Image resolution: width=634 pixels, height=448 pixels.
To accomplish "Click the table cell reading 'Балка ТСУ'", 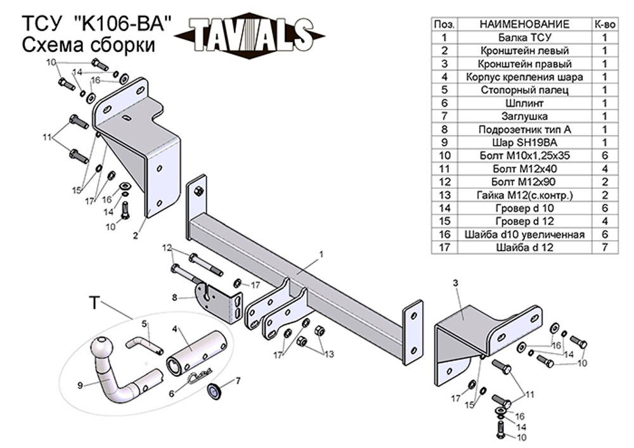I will [x=524, y=37].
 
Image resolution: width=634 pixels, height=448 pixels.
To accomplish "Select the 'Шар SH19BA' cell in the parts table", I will [x=524, y=143].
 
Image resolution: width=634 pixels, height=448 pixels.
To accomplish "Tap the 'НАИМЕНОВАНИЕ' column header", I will [x=524, y=23].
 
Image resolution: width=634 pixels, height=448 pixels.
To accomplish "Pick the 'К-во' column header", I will [x=604, y=23].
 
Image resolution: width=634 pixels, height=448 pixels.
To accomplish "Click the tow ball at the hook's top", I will [x=102, y=348].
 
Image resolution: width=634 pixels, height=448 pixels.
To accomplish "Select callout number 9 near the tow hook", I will [x=80, y=384].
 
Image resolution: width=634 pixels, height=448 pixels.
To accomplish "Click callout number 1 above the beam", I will [x=321, y=254].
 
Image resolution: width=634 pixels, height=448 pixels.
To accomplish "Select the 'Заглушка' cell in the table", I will [x=524, y=116].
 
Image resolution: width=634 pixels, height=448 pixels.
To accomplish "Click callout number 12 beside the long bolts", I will [x=167, y=247].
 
